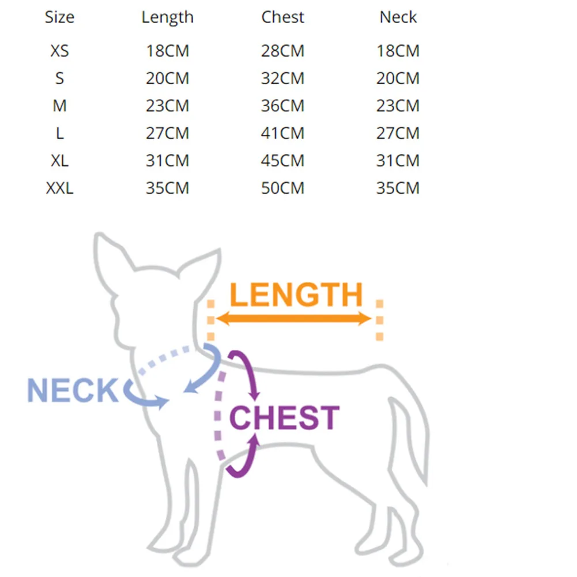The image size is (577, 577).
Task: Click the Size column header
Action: point(59,17)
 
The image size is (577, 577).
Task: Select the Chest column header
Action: point(282,17)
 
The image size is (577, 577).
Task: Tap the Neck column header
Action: point(398,17)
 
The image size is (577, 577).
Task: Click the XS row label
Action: point(59,51)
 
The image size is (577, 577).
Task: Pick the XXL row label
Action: point(59,188)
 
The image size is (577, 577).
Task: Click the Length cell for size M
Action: point(167,106)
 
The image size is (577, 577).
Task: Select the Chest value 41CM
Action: point(282,133)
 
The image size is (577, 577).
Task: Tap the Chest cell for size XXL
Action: point(282,188)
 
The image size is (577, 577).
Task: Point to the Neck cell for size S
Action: point(398,78)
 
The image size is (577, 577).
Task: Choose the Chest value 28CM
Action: point(282,51)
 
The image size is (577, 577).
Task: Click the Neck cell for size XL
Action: point(398,161)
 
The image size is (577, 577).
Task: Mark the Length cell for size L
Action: point(167,133)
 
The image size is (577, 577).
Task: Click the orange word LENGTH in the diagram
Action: point(296,295)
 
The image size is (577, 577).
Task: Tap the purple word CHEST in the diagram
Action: point(284,418)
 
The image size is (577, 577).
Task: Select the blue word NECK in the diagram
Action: point(72,391)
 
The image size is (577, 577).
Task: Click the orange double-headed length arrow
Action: point(295,319)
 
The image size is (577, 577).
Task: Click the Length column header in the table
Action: point(167,17)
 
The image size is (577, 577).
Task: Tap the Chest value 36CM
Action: point(282,106)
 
